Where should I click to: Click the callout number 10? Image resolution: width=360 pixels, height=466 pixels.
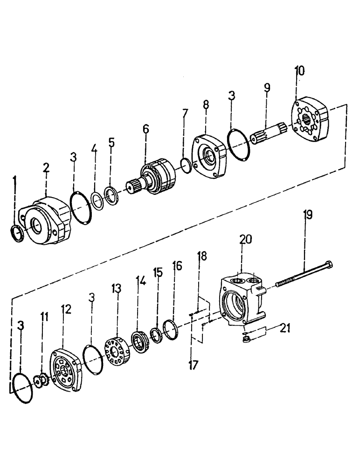(x=299, y=71)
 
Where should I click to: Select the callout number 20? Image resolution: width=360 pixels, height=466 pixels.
(x=245, y=240)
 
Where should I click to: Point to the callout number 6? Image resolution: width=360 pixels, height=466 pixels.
(x=146, y=129)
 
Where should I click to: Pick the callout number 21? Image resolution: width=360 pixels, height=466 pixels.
(x=284, y=329)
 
